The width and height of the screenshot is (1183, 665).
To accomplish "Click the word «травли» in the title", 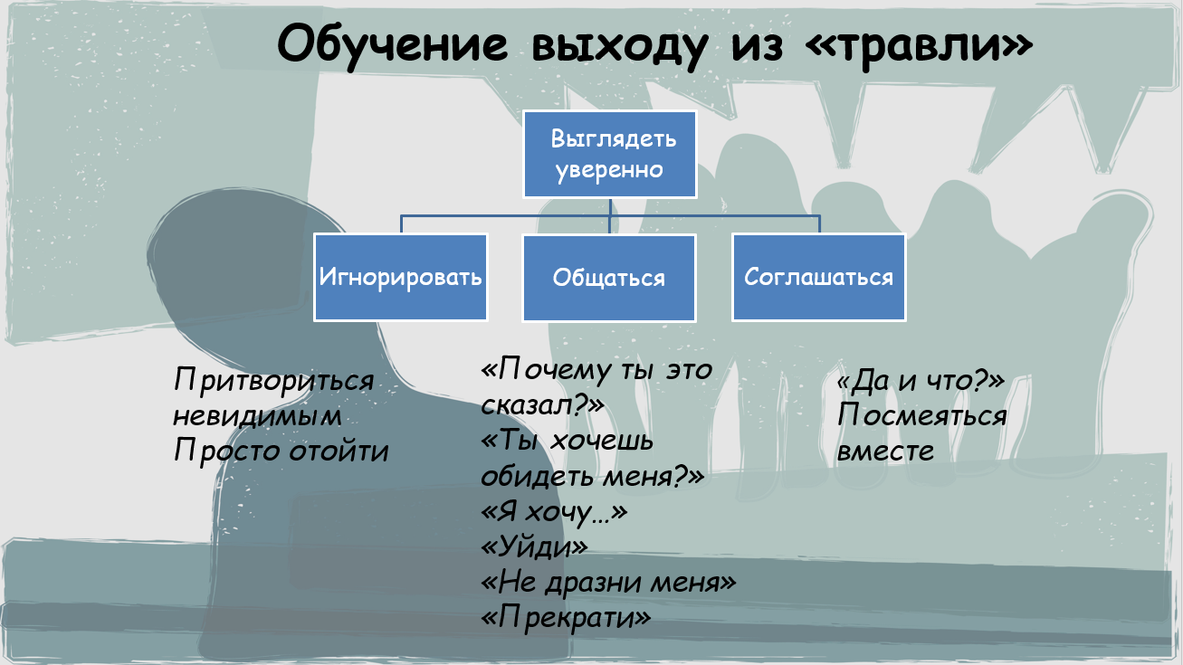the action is [919, 45].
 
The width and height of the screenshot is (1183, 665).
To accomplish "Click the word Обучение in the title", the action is [392, 43].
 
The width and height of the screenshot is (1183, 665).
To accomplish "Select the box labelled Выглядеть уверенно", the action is [610, 154].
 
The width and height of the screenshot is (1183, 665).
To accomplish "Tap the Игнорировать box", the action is [400, 278].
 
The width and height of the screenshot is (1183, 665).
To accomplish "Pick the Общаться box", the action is [609, 278].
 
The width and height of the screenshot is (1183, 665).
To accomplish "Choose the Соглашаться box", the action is [819, 278].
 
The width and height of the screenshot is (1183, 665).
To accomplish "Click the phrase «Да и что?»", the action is [921, 381].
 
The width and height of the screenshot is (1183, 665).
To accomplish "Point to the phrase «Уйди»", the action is [534, 546].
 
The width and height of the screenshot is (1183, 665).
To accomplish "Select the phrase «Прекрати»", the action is [566, 617].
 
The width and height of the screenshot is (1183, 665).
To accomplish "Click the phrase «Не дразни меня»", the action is [608, 582].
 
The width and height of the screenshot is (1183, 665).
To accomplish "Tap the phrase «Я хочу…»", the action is [553, 512].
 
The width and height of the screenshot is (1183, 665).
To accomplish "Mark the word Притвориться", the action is [273, 381].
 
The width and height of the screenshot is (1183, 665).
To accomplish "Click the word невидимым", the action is [257, 416].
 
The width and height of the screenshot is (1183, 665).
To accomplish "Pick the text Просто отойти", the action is [281, 451].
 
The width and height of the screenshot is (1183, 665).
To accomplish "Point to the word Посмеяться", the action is [922, 415].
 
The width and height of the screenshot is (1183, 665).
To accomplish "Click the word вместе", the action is [885, 451].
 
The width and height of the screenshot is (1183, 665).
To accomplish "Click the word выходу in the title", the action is [619, 46].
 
